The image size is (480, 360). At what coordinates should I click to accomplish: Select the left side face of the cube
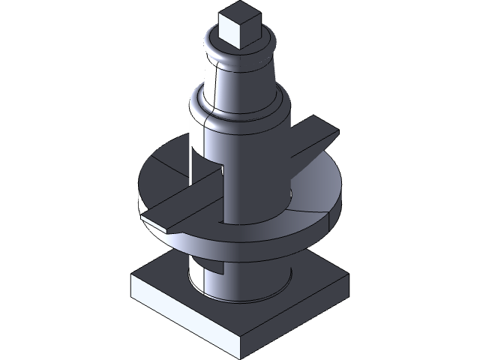[229, 34]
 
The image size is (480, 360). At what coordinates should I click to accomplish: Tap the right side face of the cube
[249, 34]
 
